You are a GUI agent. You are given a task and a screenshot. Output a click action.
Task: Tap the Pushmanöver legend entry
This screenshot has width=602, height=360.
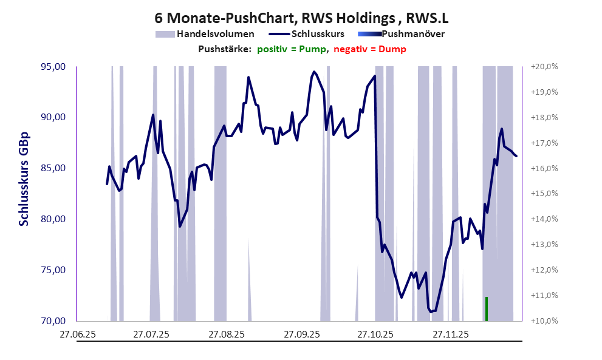pos(417,34)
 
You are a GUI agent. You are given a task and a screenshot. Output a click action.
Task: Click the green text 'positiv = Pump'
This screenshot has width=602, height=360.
pos(292,49)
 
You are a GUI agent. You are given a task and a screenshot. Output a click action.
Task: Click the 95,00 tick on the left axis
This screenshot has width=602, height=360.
pos(53,67)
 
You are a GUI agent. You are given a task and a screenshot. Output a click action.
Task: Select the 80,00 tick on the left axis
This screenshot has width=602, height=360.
pos(53,219)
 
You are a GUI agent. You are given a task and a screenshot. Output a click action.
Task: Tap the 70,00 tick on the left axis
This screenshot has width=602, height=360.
pos(53,321)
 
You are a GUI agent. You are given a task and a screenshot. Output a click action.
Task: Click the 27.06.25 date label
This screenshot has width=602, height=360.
pos(77,334)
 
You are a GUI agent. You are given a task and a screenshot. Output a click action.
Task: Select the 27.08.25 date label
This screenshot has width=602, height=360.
pos(226,334)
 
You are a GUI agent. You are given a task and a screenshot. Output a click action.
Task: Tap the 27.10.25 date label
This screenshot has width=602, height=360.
pos(375,334)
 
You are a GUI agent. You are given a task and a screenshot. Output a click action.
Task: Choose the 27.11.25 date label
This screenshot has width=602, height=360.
pos(450,334)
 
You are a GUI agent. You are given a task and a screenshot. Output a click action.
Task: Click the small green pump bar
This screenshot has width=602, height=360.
pos(487,308)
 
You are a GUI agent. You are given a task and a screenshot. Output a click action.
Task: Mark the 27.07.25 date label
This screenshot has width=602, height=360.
pos(151,334)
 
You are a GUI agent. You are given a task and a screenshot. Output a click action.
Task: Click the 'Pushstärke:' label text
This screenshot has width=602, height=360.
pos(225,49)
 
